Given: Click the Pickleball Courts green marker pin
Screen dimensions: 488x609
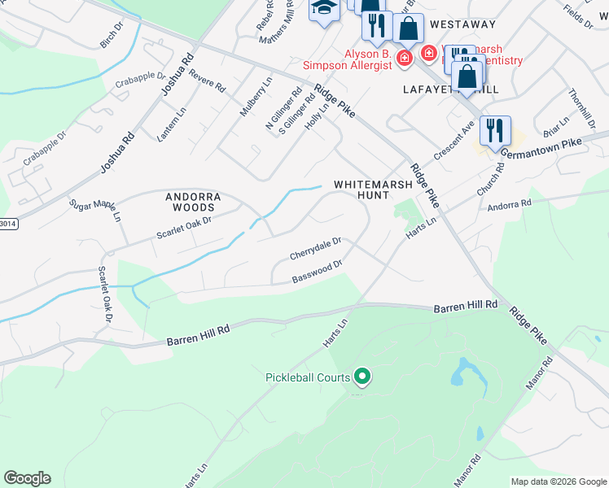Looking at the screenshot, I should [x=363, y=377].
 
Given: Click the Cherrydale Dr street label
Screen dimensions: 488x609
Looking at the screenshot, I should [x=315, y=249].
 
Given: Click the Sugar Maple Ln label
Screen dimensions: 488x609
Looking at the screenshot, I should [x=94, y=211].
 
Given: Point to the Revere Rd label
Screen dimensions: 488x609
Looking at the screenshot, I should [x=207, y=81].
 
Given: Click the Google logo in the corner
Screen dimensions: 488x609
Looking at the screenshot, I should [x=27, y=478].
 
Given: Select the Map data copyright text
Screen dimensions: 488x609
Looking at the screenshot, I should [x=559, y=481].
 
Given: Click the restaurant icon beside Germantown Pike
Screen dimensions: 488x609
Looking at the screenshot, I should [x=495, y=130].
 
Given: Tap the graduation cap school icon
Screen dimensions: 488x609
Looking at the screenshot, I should [x=324, y=10].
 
